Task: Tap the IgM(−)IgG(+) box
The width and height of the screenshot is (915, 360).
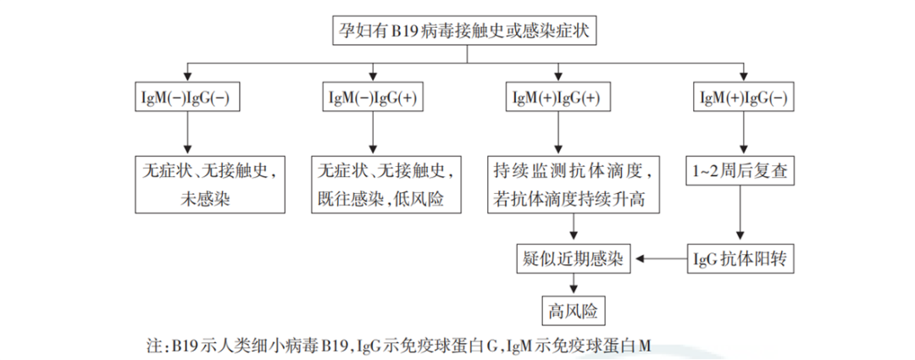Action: pos(373,97)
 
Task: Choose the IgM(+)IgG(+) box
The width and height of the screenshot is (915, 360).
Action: pos(557,97)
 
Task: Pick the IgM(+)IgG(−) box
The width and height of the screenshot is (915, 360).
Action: pos(744,97)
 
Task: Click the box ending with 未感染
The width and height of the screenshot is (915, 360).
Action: pos(210,184)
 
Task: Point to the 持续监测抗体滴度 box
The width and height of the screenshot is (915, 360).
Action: pos(574,184)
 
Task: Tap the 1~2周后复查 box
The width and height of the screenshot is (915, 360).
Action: pos(743,171)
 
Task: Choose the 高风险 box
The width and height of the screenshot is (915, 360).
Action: pos(574,310)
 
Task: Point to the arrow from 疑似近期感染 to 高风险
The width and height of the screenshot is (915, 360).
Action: pos(574,285)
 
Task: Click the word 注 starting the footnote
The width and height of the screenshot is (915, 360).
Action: pos(153,346)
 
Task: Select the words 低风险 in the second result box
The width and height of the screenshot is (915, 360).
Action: pos(432,199)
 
